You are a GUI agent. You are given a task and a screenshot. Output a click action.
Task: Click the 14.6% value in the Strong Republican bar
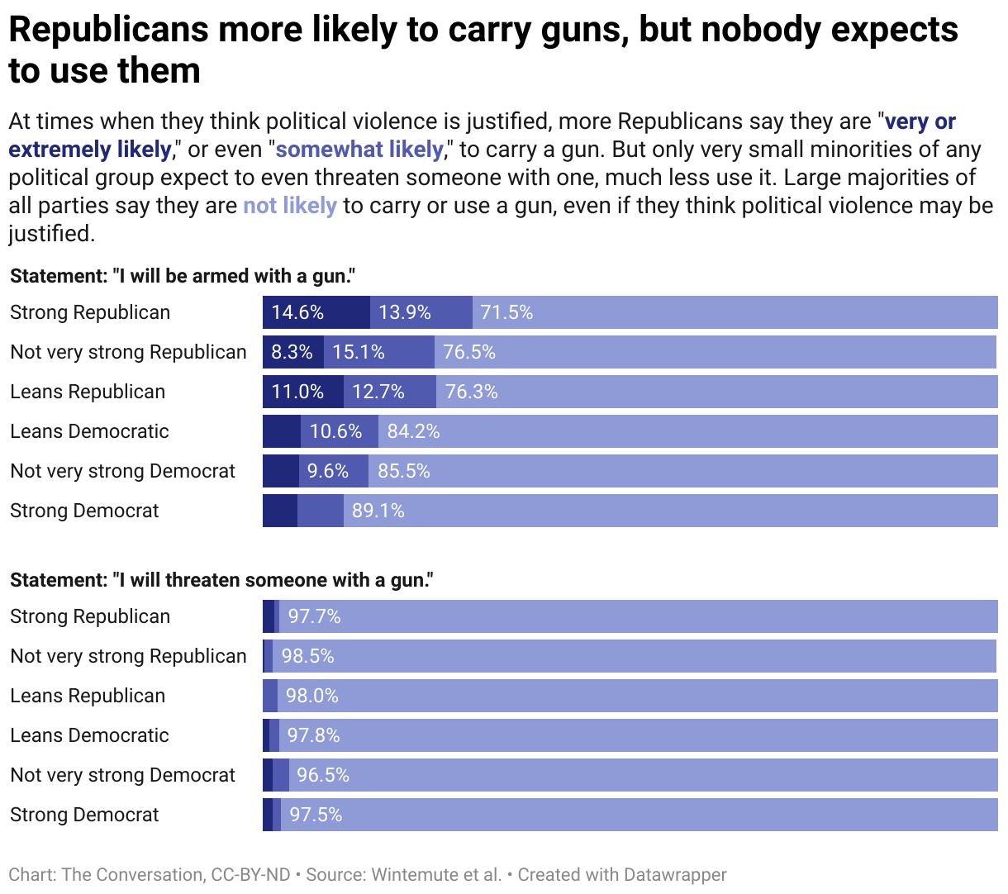[297, 312]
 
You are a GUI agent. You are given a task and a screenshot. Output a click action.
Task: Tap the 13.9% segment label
[405, 312]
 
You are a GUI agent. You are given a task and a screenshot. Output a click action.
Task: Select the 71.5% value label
[506, 312]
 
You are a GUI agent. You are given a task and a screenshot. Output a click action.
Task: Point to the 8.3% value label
[292, 352]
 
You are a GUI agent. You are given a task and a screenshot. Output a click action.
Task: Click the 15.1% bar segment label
[359, 352]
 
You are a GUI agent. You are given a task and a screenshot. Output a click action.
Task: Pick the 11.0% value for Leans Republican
[297, 392]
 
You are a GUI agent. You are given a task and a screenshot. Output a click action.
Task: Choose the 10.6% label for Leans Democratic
[335, 431]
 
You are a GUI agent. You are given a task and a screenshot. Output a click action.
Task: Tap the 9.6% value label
[327, 471]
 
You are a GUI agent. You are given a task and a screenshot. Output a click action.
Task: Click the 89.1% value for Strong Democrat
[378, 511]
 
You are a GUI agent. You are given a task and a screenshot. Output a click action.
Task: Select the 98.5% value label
[307, 656]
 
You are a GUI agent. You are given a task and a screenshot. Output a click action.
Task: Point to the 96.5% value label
[322, 775]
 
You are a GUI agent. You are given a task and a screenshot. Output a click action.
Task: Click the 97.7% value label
[314, 616]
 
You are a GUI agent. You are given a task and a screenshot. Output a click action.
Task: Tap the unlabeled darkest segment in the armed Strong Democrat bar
[279, 511]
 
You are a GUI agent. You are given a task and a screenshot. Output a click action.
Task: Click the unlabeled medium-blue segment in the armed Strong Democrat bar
[320, 511]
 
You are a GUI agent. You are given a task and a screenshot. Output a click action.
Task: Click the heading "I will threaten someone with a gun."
[221, 580]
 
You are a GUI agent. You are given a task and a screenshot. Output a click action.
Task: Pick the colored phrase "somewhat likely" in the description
[359, 150]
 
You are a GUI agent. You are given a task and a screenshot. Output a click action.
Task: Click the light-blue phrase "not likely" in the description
[289, 206]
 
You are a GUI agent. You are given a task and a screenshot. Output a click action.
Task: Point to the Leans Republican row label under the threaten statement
[88, 696]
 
